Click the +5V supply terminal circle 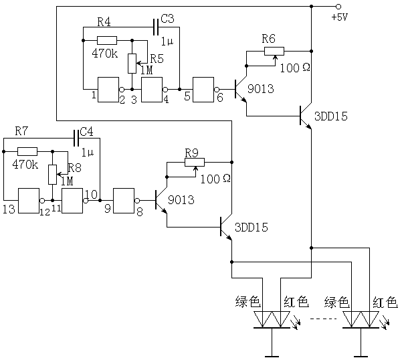click(x=338, y=7)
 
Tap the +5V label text click(x=340, y=17)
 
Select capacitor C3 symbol click(x=156, y=27)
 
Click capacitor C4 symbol click(x=76, y=138)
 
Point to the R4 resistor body click(x=107, y=40)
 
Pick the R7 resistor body click(x=27, y=151)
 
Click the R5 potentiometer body click(x=132, y=64)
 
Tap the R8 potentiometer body click(x=53, y=175)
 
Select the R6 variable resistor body click(x=274, y=52)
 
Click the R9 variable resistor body click(x=195, y=163)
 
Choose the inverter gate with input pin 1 click(x=108, y=90)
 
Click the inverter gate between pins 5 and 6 click(x=203, y=90)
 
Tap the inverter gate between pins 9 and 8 click(x=124, y=201)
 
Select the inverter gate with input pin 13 click(x=29, y=201)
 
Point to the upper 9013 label click(x=261, y=89)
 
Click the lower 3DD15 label click(x=252, y=228)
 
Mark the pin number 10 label click(x=92, y=195)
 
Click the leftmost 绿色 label click(x=247, y=302)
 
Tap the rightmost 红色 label click(x=385, y=302)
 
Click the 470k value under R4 click(x=105, y=54)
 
